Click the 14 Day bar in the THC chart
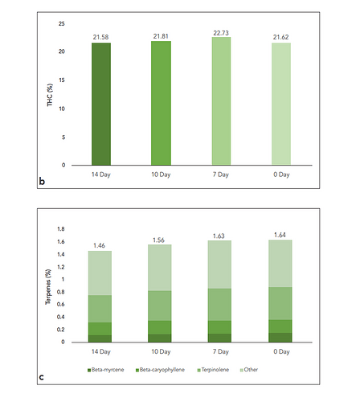tap(108, 104)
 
